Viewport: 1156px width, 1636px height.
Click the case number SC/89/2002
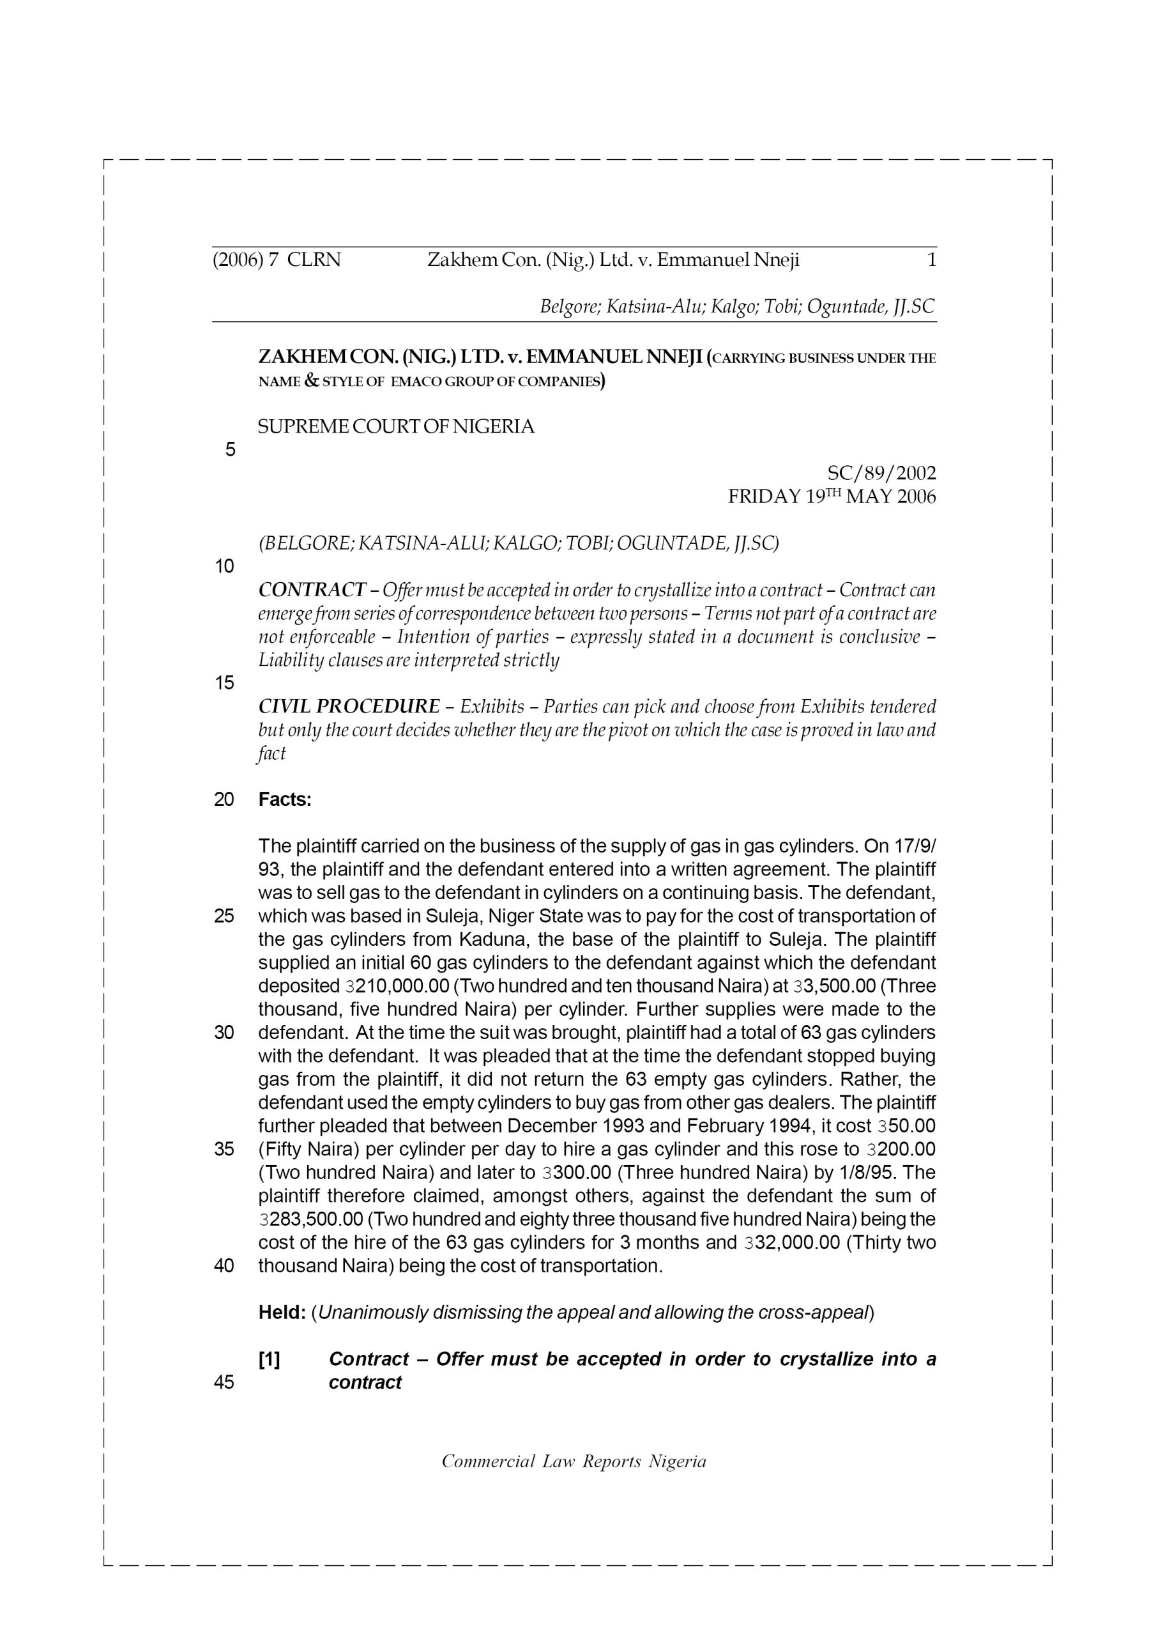point(881,473)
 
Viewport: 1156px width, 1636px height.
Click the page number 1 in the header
point(931,260)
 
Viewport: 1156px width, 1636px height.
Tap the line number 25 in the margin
point(224,916)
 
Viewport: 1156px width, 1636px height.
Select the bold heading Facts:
point(285,799)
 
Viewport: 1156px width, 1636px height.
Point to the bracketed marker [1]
point(270,1359)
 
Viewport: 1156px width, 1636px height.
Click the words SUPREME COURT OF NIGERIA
point(395,427)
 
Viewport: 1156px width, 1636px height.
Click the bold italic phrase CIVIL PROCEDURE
point(349,707)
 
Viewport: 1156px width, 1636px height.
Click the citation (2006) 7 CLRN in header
point(277,260)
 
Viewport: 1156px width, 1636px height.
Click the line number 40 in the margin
point(224,1266)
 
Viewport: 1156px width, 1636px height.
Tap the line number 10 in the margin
point(224,566)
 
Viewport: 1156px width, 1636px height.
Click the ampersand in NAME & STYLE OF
point(310,380)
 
